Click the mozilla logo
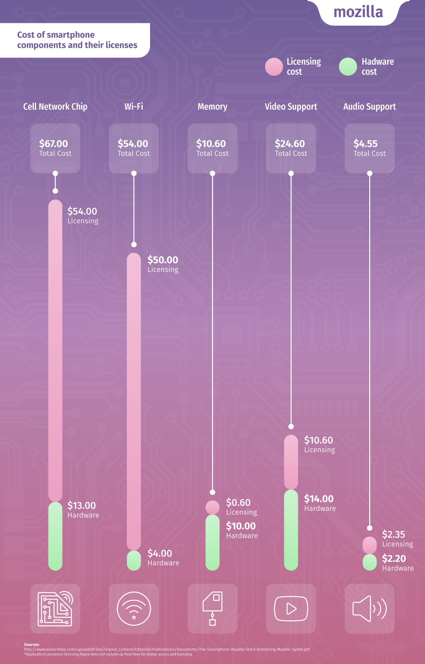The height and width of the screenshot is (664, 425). [x=358, y=12]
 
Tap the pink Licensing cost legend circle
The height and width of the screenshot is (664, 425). [x=274, y=67]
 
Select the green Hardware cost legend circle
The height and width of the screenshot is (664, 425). [x=348, y=67]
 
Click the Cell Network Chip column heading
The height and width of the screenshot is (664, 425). [x=55, y=107]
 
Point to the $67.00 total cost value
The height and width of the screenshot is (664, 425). [x=53, y=144]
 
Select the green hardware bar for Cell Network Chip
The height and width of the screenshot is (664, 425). [x=55, y=536]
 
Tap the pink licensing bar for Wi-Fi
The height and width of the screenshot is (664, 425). [x=134, y=398]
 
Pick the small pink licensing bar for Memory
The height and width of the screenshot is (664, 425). [x=212, y=507]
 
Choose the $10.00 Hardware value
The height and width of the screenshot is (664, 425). [x=241, y=526]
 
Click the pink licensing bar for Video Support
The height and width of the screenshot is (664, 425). [x=291, y=461]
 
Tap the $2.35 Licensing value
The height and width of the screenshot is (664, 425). [x=393, y=535]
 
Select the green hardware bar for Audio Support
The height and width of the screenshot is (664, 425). [x=370, y=562]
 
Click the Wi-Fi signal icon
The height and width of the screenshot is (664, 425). [x=134, y=609]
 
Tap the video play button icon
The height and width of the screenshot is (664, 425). [x=291, y=609]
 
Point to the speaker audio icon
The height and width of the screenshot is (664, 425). [x=370, y=609]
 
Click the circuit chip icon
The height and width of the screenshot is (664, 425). [x=55, y=609]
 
